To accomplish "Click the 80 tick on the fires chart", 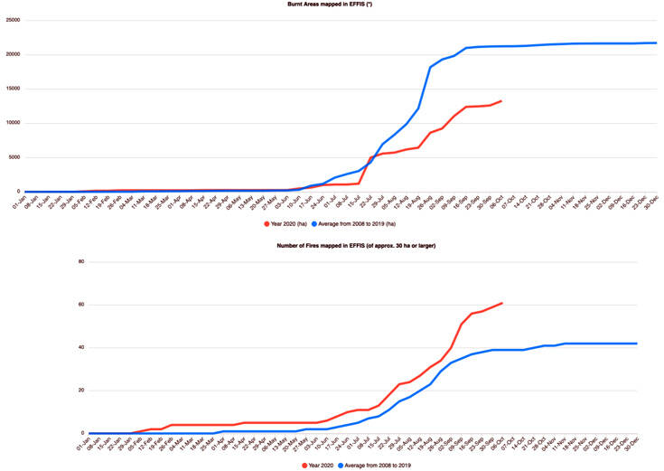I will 80,262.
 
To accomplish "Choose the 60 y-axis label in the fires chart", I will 80,305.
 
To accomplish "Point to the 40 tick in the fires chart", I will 80,348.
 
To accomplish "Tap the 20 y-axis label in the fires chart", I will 80,391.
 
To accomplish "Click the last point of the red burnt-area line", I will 501,101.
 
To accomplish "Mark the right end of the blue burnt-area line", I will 656,42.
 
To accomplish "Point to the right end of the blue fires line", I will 637,344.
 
